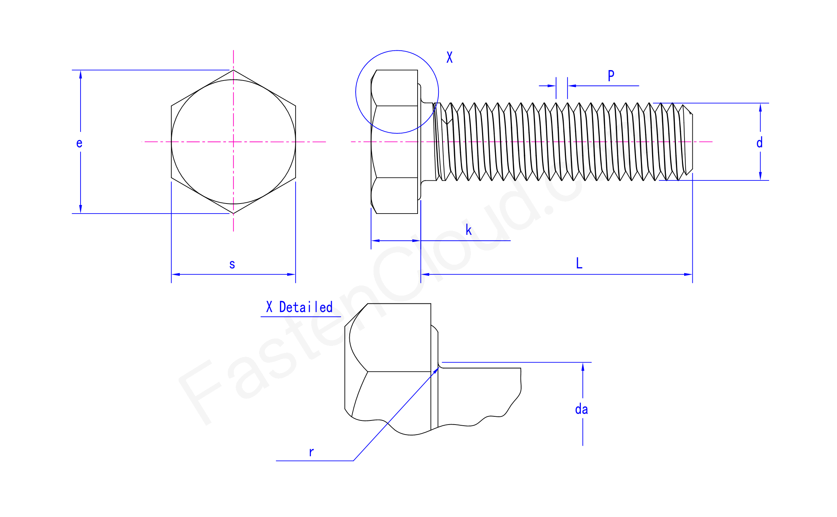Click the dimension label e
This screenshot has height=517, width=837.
point(79,143)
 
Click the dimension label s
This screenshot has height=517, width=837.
point(232,264)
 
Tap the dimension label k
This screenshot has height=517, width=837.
point(469,230)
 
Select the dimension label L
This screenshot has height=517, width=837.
point(579,263)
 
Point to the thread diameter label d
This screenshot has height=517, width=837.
point(759,143)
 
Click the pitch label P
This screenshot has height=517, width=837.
point(611,76)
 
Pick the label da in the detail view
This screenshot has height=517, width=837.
point(581,409)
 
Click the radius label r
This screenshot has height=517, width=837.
point(311,452)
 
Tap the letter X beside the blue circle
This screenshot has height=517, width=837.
point(450,57)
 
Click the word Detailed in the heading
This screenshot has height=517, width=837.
point(306,308)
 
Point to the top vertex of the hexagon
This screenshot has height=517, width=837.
point(233,70)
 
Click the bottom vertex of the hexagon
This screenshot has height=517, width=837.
point(233,214)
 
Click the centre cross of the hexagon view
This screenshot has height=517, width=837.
point(233,142)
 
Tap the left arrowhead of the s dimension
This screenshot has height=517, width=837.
point(174,274)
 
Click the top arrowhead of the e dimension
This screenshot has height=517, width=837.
point(81,73)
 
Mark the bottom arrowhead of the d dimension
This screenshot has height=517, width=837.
point(760,177)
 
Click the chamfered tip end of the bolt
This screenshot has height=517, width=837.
point(692,142)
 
